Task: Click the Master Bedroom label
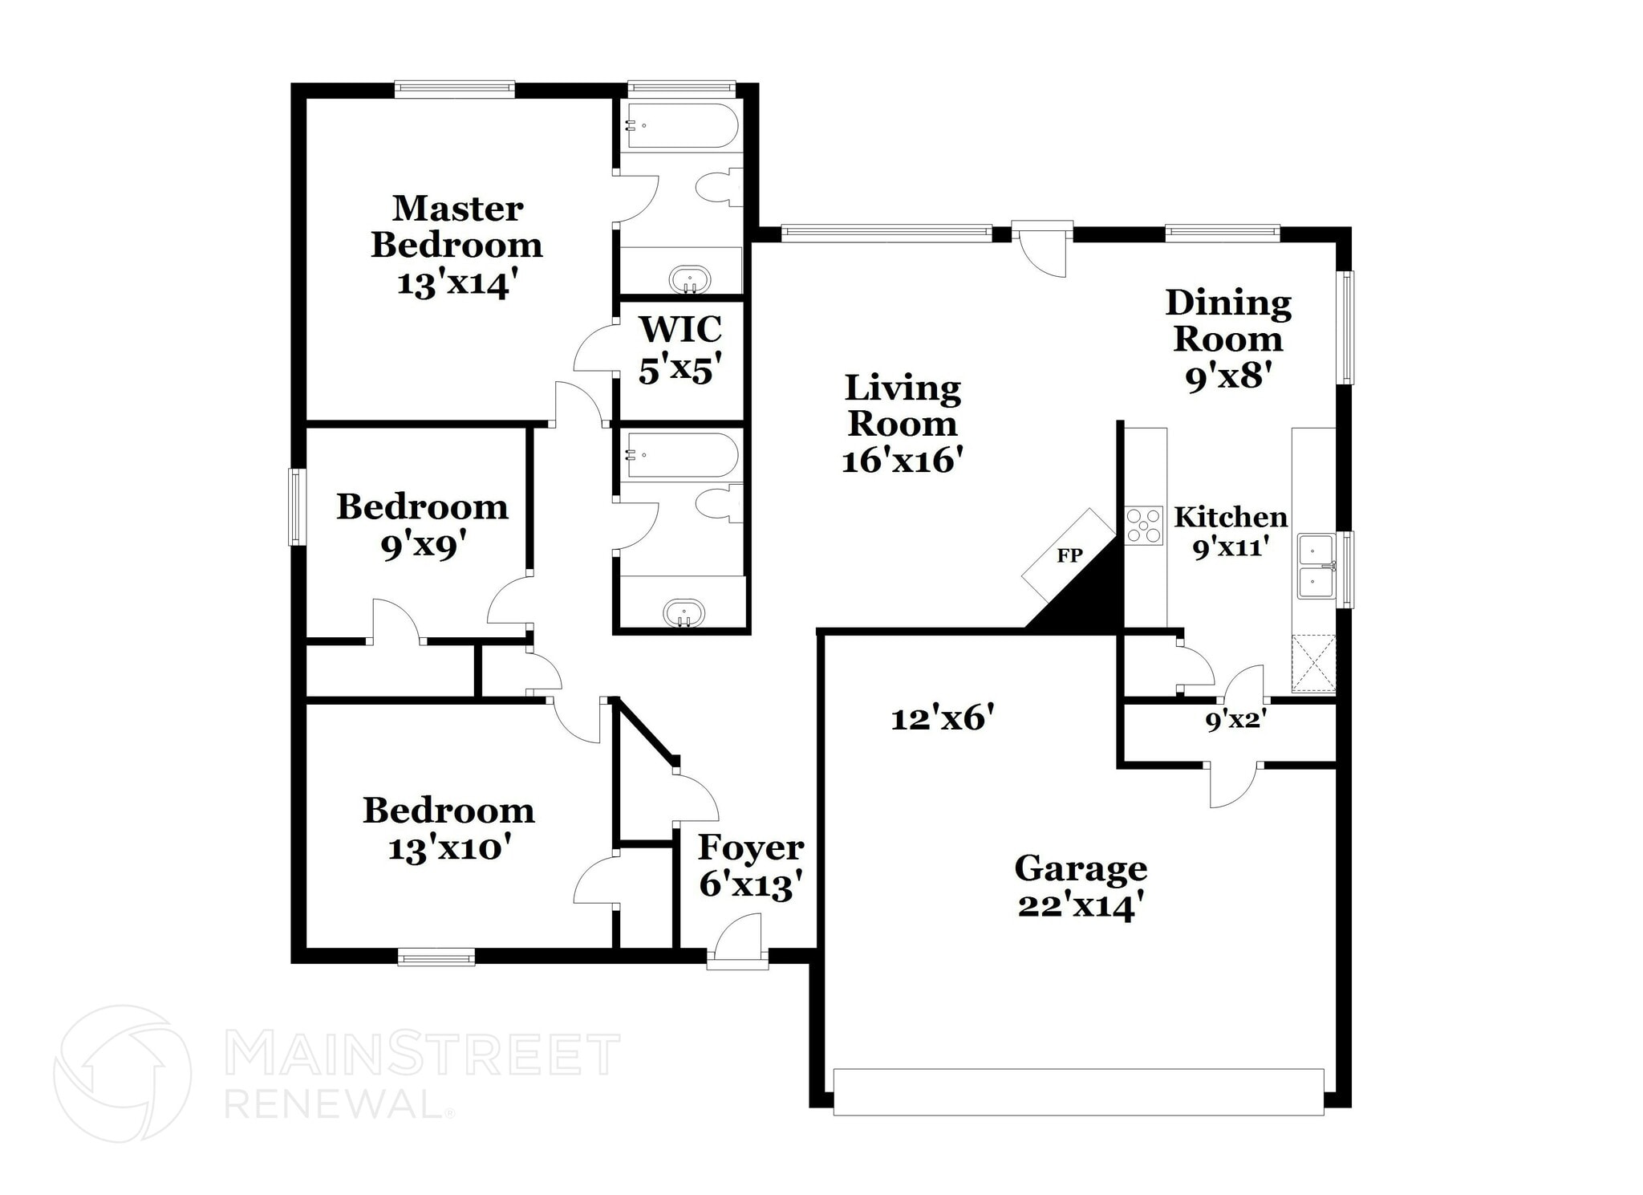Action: (456, 246)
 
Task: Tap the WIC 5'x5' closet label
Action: (680, 350)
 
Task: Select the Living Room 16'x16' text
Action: (903, 424)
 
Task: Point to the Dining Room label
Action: (1228, 339)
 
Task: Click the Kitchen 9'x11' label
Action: (1231, 531)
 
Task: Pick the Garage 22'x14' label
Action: (1081, 887)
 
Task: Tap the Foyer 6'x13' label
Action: (751, 866)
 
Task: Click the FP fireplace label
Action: (1069, 555)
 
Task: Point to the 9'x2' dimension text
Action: (1235, 721)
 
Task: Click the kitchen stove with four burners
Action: (1144, 526)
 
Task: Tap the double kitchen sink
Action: (1316, 567)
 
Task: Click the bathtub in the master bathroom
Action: (682, 126)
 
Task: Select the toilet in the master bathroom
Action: (719, 189)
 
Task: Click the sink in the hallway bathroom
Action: (684, 614)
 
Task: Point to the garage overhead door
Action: (1078, 1091)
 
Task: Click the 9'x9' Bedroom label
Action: (422, 526)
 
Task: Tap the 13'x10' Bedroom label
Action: (448, 829)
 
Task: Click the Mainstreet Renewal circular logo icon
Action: (123, 1073)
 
